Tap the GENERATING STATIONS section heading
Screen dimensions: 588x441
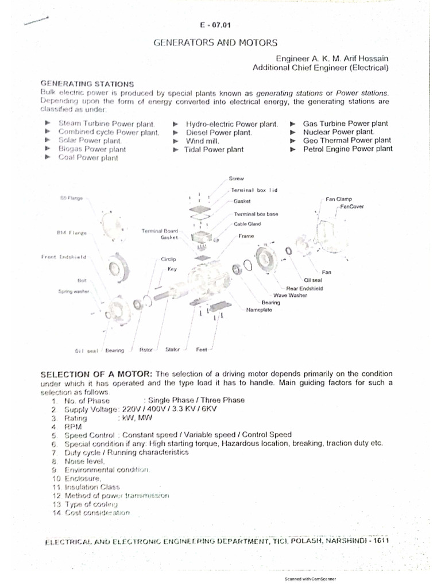(x=87, y=84)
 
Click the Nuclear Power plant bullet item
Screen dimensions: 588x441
(x=338, y=131)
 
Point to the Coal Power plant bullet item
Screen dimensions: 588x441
(x=88, y=158)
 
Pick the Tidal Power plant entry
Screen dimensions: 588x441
(x=214, y=149)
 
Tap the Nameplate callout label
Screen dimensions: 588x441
(x=260, y=310)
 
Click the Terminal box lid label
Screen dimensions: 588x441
(x=254, y=189)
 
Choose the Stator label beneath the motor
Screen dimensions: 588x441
(x=173, y=349)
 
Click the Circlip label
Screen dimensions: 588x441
(x=168, y=260)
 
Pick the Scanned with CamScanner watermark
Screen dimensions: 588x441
(x=310, y=579)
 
